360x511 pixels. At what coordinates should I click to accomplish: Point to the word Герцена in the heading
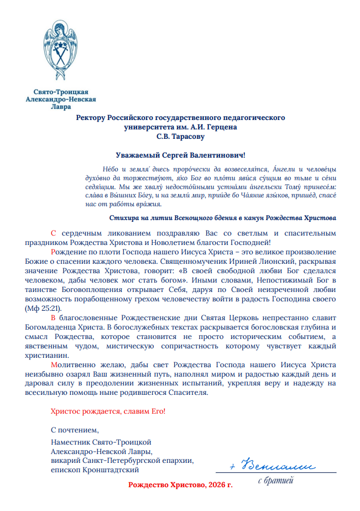221,127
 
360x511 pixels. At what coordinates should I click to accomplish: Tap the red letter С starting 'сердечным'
53,233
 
